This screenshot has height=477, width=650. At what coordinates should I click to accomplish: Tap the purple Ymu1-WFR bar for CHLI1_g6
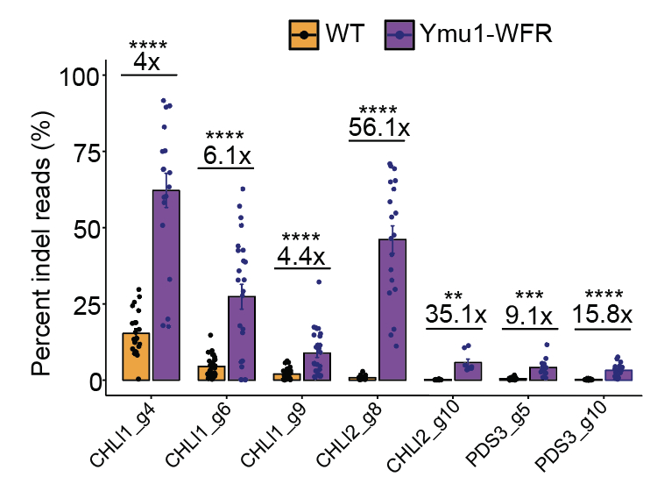click(x=242, y=338)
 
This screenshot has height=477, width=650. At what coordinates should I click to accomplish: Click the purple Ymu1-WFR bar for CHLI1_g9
click(x=316, y=367)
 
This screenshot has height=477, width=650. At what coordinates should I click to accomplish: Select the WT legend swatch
click(x=304, y=35)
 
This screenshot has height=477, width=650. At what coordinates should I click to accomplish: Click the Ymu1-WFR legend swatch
click(x=400, y=35)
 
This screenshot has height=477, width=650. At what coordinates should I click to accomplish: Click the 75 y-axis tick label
click(x=83, y=152)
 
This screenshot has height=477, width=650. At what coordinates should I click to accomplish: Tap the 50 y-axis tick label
click(x=83, y=228)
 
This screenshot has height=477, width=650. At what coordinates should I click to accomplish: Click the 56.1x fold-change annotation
click(x=378, y=128)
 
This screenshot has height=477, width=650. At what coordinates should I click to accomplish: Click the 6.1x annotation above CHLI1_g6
click(x=227, y=156)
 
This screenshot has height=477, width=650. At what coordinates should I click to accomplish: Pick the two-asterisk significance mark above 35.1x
click(x=454, y=296)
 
